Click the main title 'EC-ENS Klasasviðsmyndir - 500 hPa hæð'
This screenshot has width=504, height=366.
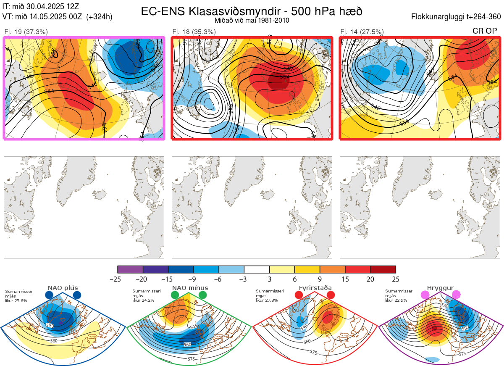point(252,11)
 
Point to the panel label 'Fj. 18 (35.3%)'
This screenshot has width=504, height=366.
point(194,32)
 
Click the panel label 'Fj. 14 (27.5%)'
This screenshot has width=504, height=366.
point(362,32)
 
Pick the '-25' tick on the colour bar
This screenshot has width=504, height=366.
point(118,279)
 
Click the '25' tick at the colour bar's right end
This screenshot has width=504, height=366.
point(396,279)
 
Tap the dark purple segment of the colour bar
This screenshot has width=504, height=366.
point(155,269)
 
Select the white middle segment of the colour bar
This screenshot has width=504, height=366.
point(257,269)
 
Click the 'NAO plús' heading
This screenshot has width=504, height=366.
point(62,288)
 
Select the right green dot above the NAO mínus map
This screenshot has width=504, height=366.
point(203,295)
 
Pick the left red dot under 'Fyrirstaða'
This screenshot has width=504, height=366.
point(299,295)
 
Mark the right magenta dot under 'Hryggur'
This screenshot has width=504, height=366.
point(456,295)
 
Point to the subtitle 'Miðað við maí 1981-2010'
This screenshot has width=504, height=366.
point(252,20)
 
